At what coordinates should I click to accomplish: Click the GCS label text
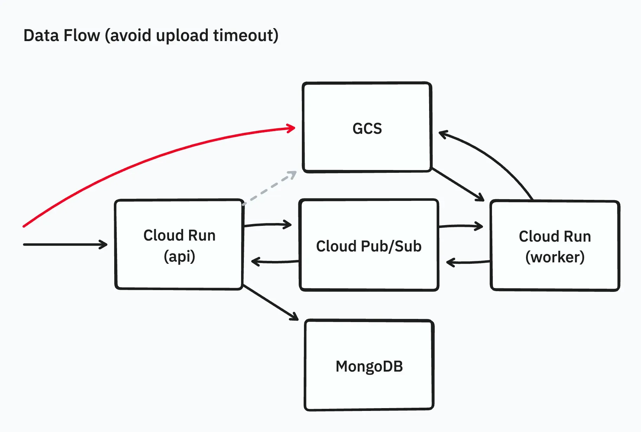(367, 129)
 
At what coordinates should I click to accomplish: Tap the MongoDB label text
(369, 366)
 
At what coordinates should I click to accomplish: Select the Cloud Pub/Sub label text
(369, 246)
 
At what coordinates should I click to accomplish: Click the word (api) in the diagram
(179, 256)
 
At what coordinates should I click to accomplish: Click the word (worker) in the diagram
(555, 257)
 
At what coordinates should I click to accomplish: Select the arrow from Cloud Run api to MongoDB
(271, 302)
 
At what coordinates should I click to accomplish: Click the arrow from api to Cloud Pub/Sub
(268, 224)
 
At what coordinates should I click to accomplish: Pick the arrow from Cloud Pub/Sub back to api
(274, 262)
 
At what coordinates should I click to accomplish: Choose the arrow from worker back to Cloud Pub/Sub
(467, 262)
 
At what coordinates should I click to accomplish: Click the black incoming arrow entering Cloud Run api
(65, 244)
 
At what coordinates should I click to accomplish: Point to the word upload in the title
(182, 35)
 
